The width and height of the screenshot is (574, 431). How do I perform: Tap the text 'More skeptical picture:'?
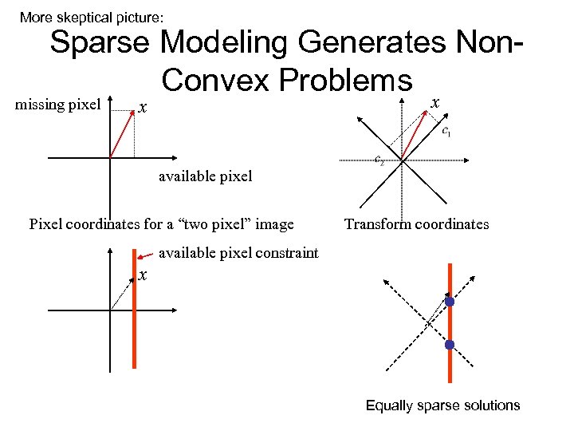pos(92,17)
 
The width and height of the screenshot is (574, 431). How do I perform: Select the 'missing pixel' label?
pos(58,105)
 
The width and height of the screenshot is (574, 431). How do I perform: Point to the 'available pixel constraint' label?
pos(239,254)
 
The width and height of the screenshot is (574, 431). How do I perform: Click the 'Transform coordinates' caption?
pos(416,224)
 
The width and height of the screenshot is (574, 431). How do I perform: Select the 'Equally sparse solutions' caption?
pos(442,405)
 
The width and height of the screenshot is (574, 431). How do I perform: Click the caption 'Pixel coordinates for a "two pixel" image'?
pos(162,223)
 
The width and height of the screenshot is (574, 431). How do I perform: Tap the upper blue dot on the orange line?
pos(450,302)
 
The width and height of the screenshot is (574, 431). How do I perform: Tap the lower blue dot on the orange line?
pos(450,345)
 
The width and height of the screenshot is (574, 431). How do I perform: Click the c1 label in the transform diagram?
pos(446,132)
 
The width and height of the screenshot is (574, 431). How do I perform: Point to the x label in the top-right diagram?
pos(434,101)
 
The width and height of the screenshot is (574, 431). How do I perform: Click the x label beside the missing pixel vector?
pos(142,108)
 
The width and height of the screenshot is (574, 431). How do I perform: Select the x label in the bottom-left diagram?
pos(142,275)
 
